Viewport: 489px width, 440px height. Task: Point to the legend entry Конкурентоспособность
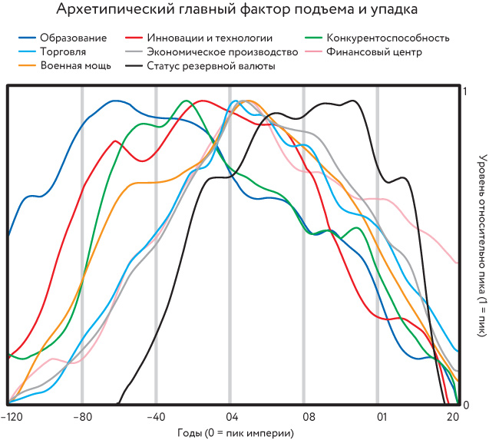[x=388, y=38]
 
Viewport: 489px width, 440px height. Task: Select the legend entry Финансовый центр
[x=374, y=51]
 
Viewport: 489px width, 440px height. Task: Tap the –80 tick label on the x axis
[x=81, y=417]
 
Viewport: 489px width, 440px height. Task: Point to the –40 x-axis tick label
[x=156, y=417]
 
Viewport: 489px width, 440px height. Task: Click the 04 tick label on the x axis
[x=230, y=417]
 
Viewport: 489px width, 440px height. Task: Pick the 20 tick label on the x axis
[x=452, y=417]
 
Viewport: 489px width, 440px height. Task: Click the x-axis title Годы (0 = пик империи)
[x=235, y=432]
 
